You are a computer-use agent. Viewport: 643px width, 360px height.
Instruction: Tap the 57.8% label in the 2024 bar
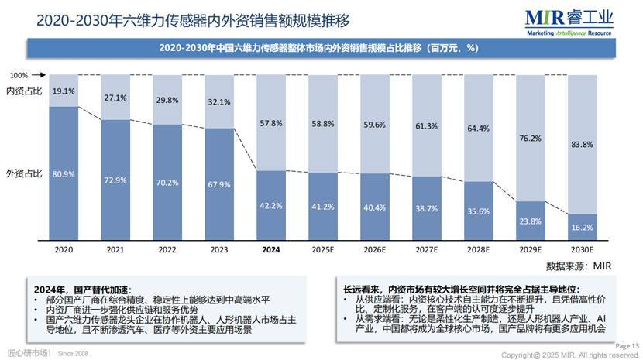[x=271, y=123]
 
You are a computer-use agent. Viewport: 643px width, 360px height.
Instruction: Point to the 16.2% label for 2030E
[x=581, y=228]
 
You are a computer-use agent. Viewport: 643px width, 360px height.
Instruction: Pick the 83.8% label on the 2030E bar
[x=581, y=145]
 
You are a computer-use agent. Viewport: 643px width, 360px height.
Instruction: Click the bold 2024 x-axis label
[x=271, y=250]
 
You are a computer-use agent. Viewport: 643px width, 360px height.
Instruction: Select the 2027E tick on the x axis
[x=426, y=250]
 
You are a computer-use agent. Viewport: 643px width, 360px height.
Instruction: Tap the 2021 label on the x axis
[x=115, y=250]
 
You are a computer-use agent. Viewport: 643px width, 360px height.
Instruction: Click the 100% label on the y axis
[x=19, y=76]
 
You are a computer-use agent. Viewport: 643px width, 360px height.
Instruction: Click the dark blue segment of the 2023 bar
[x=218, y=186]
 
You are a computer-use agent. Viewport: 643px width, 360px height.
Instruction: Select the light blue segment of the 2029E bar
[x=529, y=138]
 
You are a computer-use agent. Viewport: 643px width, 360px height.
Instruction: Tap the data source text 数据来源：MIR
[x=579, y=266]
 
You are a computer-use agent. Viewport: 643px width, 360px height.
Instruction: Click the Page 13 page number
[x=628, y=345]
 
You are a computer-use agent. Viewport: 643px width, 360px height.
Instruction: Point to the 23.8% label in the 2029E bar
[x=529, y=221]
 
